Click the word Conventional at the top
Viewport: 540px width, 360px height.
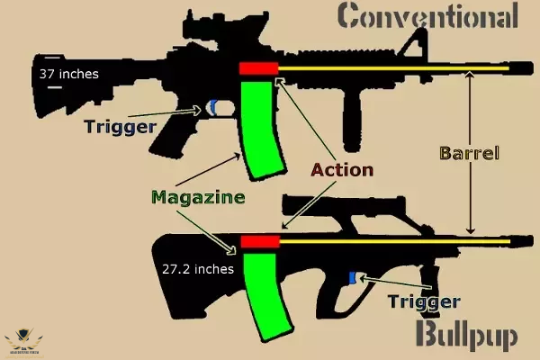[x=427, y=16]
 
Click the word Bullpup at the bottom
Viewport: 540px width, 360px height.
[x=466, y=336]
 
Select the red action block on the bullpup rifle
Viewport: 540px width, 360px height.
[x=261, y=242]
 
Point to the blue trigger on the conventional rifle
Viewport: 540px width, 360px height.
[x=212, y=107]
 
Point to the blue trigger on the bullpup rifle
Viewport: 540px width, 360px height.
[x=354, y=278]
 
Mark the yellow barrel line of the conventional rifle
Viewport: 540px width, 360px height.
[x=396, y=67]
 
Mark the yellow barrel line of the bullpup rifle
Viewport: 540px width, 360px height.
[x=396, y=241]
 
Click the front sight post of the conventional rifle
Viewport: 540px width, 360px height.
[x=419, y=45]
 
